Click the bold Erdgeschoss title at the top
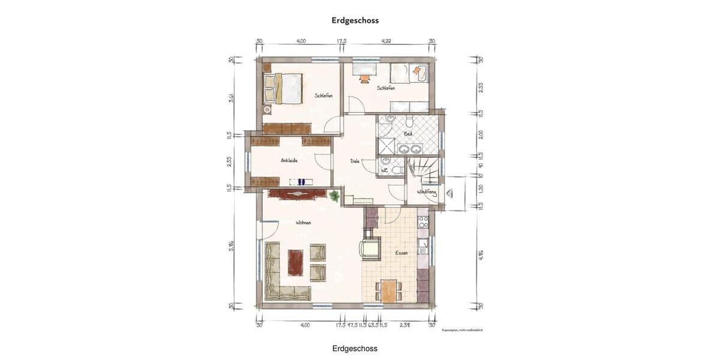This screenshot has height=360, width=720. click(x=355, y=20)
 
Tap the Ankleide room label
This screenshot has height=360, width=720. click(x=289, y=160)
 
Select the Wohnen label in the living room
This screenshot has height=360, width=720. click(x=303, y=223)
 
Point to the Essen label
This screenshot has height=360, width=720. click(x=401, y=253)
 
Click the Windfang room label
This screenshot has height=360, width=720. click(x=427, y=192)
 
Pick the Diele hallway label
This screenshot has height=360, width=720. click(x=355, y=161)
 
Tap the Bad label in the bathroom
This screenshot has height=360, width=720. click(x=408, y=133)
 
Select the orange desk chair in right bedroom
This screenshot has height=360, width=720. click(x=364, y=77)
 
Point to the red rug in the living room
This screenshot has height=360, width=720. click(x=295, y=262)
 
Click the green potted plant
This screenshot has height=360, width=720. click(x=334, y=195)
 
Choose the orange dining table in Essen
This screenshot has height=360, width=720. click(x=389, y=291)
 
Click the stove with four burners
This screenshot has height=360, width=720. click(x=423, y=222)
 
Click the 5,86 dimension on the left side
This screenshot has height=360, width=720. click(x=232, y=245)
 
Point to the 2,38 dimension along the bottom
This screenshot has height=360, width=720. click(x=405, y=325)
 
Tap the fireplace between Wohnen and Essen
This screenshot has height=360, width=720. click(x=370, y=247)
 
